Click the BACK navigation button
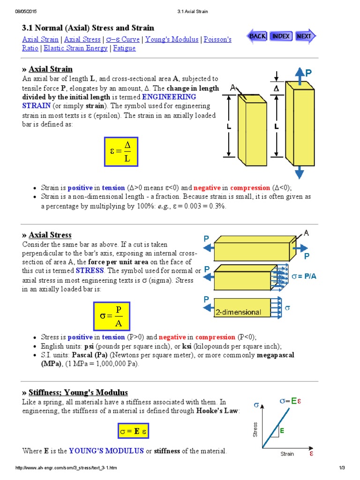(257, 36)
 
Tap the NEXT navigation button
(305, 36)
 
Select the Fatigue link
(124, 48)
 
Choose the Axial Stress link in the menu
(82, 39)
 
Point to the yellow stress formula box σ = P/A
(112, 316)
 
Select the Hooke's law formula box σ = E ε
(133, 431)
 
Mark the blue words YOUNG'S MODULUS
(106, 451)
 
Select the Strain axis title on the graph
(287, 454)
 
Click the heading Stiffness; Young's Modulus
(78, 392)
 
